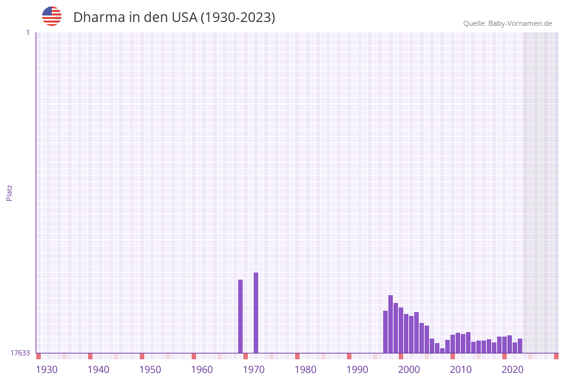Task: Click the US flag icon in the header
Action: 52,16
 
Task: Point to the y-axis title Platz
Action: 10,192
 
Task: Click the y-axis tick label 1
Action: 27,32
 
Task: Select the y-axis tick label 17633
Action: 20,353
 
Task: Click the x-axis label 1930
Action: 47,370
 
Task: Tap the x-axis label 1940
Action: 98,370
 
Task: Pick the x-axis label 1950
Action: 150,370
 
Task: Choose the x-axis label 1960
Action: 202,370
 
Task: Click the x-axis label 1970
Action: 254,370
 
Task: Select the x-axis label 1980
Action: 305,370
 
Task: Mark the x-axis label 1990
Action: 357,370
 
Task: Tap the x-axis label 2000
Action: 409,370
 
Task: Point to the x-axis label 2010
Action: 461,370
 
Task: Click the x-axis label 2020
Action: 513,370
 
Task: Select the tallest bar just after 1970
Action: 256,313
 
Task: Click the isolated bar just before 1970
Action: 241,316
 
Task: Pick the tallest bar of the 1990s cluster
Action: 391,324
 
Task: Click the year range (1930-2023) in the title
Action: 238,17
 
